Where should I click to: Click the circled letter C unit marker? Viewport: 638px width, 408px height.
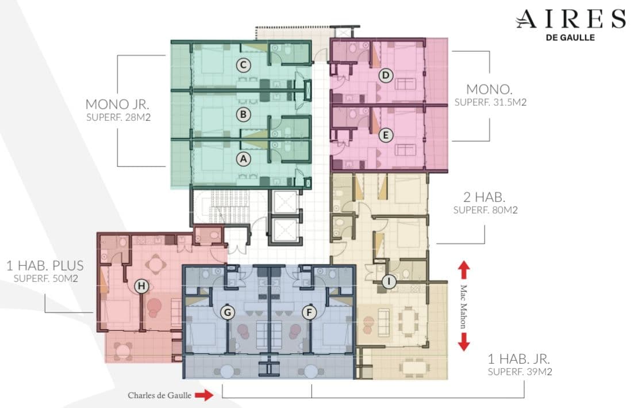tap(243, 65)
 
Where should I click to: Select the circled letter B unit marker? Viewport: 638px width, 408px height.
tap(243, 115)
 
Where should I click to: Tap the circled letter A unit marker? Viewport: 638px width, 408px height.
tap(243, 159)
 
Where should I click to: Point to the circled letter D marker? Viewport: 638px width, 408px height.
tap(386, 75)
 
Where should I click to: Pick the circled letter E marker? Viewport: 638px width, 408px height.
tap(386, 135)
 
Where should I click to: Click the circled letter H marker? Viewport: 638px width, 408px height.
tap(141, 286)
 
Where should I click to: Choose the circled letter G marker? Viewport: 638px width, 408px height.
tap(228, 312)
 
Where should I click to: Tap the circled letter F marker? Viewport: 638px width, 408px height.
tap(309, 312)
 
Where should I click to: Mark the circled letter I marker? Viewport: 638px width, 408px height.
tap(389, 281)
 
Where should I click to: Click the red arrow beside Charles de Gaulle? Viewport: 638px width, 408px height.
tap(204, 395)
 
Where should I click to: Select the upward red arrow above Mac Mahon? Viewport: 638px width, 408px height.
tap(464, 270)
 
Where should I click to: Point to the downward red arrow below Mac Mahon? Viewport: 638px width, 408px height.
tap(464, 342)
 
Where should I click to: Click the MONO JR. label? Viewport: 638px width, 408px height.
tap(117, 104)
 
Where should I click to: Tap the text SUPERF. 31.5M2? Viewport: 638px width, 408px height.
tap(490, 102)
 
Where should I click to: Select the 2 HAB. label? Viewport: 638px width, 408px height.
tap(485, 197)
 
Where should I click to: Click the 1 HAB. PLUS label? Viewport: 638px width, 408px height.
tap(45, 266)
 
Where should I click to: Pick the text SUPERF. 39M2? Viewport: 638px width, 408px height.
tap(520, 372)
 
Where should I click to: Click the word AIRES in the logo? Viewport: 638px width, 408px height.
tap(571, 19)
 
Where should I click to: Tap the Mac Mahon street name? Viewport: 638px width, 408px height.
tap(463, 307)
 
